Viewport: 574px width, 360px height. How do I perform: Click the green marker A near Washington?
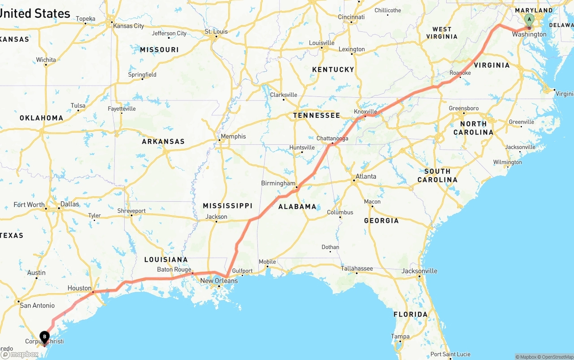pos(529,20)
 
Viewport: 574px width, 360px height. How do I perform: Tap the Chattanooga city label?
pos(332,139)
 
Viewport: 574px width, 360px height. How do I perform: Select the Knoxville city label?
pos(365,112)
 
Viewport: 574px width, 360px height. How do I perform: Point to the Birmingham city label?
pos(278,183)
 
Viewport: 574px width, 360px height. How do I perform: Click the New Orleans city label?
pos(219,281)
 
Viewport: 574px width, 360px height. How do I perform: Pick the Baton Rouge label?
pos(174,269)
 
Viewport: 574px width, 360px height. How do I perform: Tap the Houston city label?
pos(79,288)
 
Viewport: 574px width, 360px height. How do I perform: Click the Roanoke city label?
pos(460,73)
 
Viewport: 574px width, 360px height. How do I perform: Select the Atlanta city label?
pos(366,177)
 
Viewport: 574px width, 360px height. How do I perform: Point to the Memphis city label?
pos(233,136)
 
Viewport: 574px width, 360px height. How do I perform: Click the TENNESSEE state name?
pos(317,116)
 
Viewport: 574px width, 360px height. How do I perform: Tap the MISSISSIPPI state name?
pos(228,206)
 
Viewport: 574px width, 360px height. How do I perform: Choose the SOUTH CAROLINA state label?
pos(437,175)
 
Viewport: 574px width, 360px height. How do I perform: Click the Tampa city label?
pos(400,336)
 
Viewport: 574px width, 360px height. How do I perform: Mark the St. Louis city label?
pos(216,31)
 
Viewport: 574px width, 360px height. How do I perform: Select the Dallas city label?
pos(70,204)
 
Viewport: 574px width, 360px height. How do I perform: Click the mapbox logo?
pos(20,354)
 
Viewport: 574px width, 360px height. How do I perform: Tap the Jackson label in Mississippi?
pos(216,217)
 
